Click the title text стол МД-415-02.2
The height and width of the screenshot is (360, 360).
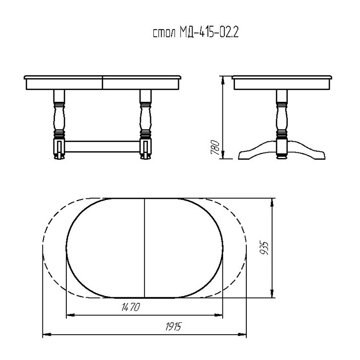196,33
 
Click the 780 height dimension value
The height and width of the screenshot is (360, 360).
215,147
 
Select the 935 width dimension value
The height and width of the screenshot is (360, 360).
264,248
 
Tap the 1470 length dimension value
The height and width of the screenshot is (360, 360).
131,307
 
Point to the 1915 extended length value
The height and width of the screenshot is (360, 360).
174,326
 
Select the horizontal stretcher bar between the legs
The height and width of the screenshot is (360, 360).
102,146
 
